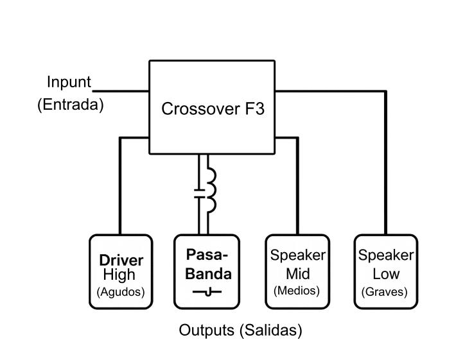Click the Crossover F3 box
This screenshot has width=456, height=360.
213,107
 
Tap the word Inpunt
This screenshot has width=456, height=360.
69,83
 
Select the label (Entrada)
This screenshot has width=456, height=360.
71,105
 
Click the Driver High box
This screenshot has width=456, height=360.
120,270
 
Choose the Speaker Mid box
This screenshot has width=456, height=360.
297,270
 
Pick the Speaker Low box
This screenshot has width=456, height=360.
385,270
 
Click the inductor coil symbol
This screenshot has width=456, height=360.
209,191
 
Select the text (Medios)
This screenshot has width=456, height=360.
297,291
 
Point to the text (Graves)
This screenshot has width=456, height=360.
385,292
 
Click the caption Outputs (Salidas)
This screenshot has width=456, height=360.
240,331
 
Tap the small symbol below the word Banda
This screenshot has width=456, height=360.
207,293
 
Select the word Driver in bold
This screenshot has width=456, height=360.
121,261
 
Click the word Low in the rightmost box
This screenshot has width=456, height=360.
385,274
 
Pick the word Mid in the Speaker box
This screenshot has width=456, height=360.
297,274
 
